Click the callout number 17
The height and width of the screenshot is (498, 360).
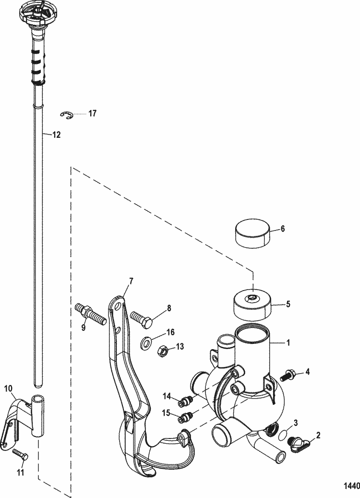pyautogui.click(x=92, y=114)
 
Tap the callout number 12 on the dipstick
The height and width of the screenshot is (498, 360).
pyautogui.click(x=56, y=135)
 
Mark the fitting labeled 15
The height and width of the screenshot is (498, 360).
pyautogui.click(x=184, y=417)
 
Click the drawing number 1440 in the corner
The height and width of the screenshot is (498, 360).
pyautogui.click(x=351, y=486)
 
